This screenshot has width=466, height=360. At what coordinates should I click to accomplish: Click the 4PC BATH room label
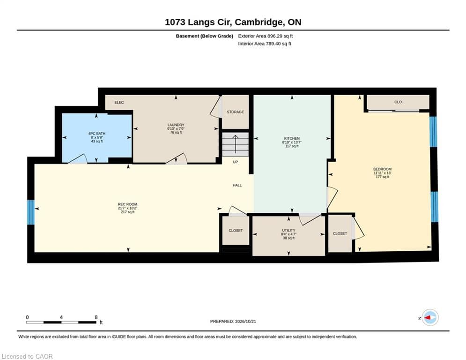(x=97, y=134)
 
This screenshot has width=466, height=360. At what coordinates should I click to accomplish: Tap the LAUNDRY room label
(x=176, y=125)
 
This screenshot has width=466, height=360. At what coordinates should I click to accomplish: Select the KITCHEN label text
(x=292, y=138)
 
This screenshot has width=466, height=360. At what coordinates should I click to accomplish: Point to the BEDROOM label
(x=383, y=169)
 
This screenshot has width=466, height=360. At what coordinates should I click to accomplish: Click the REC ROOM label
(x=127, y=204)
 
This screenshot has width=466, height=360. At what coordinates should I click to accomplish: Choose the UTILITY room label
(x=288, y=230)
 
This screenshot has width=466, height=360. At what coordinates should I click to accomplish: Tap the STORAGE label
(x=236, y=112)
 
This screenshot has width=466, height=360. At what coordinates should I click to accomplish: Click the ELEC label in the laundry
(x=119, y=102)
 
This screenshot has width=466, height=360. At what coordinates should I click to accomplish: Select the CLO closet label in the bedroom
(x=398, y=102)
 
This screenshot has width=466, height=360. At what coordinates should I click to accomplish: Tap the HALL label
(x=237, y=185)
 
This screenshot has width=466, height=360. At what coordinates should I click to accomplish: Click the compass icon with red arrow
(x=430, y=318)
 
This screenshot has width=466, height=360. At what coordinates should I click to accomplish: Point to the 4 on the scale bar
(x=61, y=317)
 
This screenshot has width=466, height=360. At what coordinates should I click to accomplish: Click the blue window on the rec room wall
(x=31, y=212)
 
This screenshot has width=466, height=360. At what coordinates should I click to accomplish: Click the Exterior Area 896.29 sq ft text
(x=266, y=36)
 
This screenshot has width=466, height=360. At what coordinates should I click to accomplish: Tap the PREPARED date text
(x=233, y=321)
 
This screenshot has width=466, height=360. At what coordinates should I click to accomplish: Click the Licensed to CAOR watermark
(x=27, y=356)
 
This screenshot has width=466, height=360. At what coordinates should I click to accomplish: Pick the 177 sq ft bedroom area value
(x=383, y=177)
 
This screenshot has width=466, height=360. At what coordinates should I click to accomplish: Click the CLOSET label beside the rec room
(x=236, y=231)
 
